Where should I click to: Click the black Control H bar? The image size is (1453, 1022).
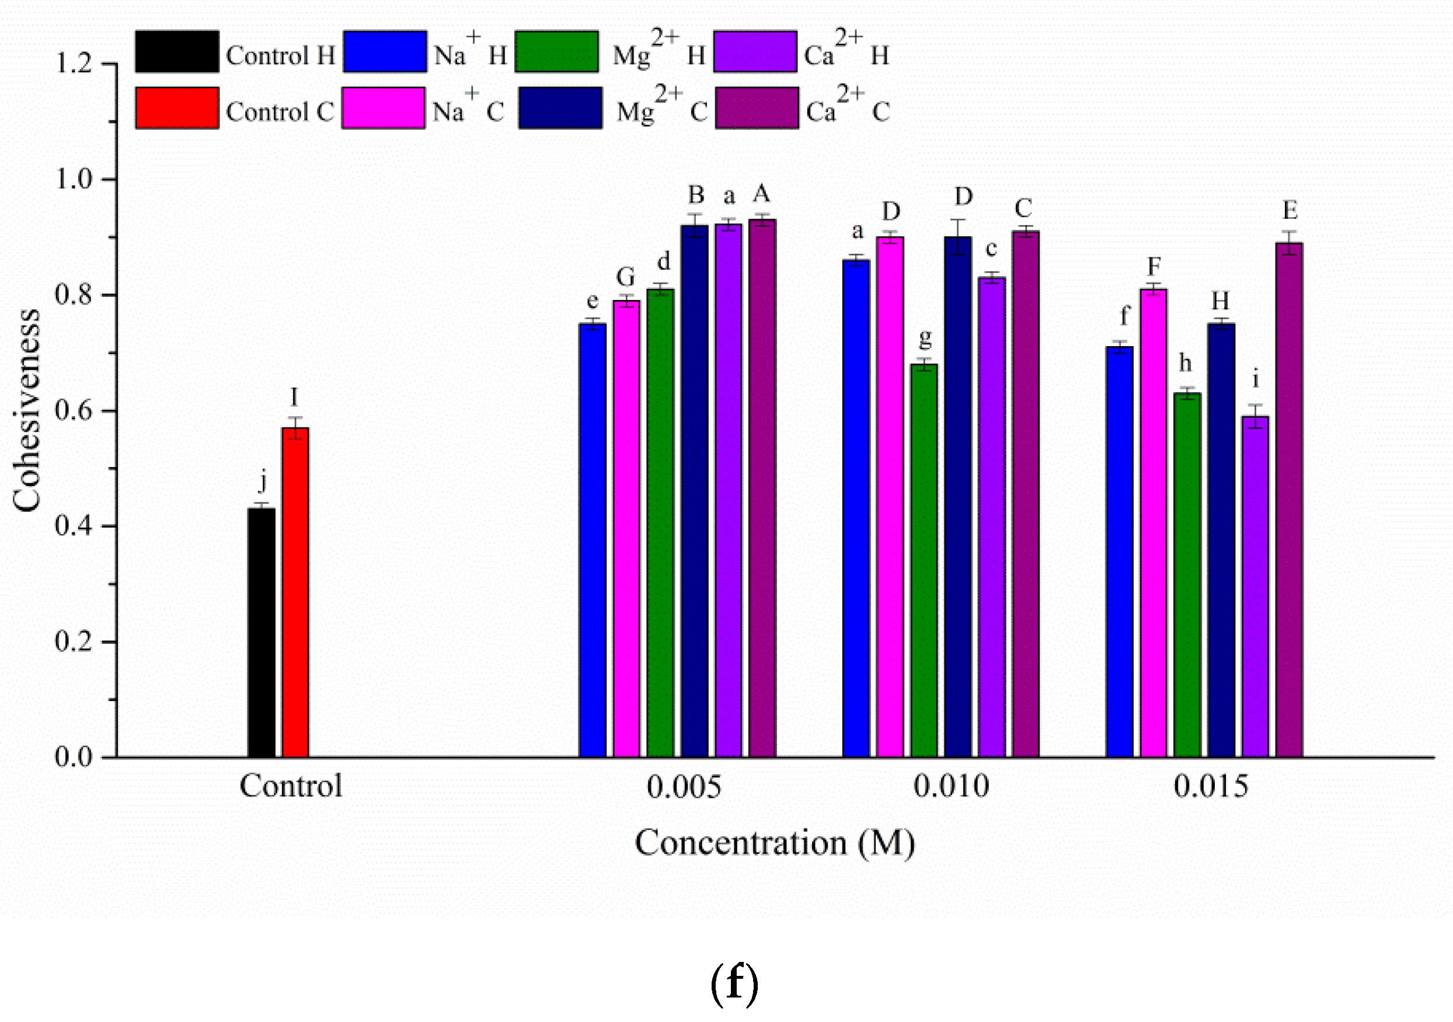point(262,633)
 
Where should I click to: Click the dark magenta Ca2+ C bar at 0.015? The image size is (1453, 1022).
point(1289,500)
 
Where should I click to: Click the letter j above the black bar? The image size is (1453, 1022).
point(263,482)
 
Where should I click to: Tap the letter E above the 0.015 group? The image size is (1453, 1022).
point(1290,210)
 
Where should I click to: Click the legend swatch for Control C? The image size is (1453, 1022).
point(177,108)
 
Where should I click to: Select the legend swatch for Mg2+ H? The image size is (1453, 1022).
point(556,51)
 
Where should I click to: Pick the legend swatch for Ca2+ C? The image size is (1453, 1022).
point(757,108)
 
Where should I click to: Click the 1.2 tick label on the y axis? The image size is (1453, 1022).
point(74,64)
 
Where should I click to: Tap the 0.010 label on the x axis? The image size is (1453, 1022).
point(951,787)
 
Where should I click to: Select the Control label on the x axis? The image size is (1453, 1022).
point(291,787)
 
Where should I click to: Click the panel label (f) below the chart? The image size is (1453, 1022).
point(734,983)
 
